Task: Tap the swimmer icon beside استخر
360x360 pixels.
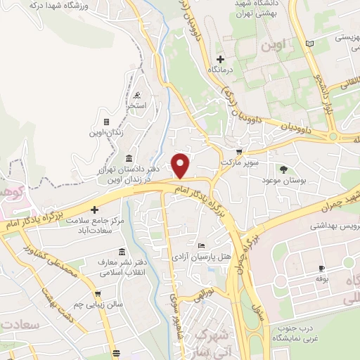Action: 136,96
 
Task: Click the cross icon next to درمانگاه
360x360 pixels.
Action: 221,60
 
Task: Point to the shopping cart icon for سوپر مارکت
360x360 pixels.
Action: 239,151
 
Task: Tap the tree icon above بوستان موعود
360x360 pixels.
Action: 284,169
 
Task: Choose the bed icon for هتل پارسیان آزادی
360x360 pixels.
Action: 202,245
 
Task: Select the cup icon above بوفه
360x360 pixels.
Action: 321,269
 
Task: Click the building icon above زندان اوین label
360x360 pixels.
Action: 106,122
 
